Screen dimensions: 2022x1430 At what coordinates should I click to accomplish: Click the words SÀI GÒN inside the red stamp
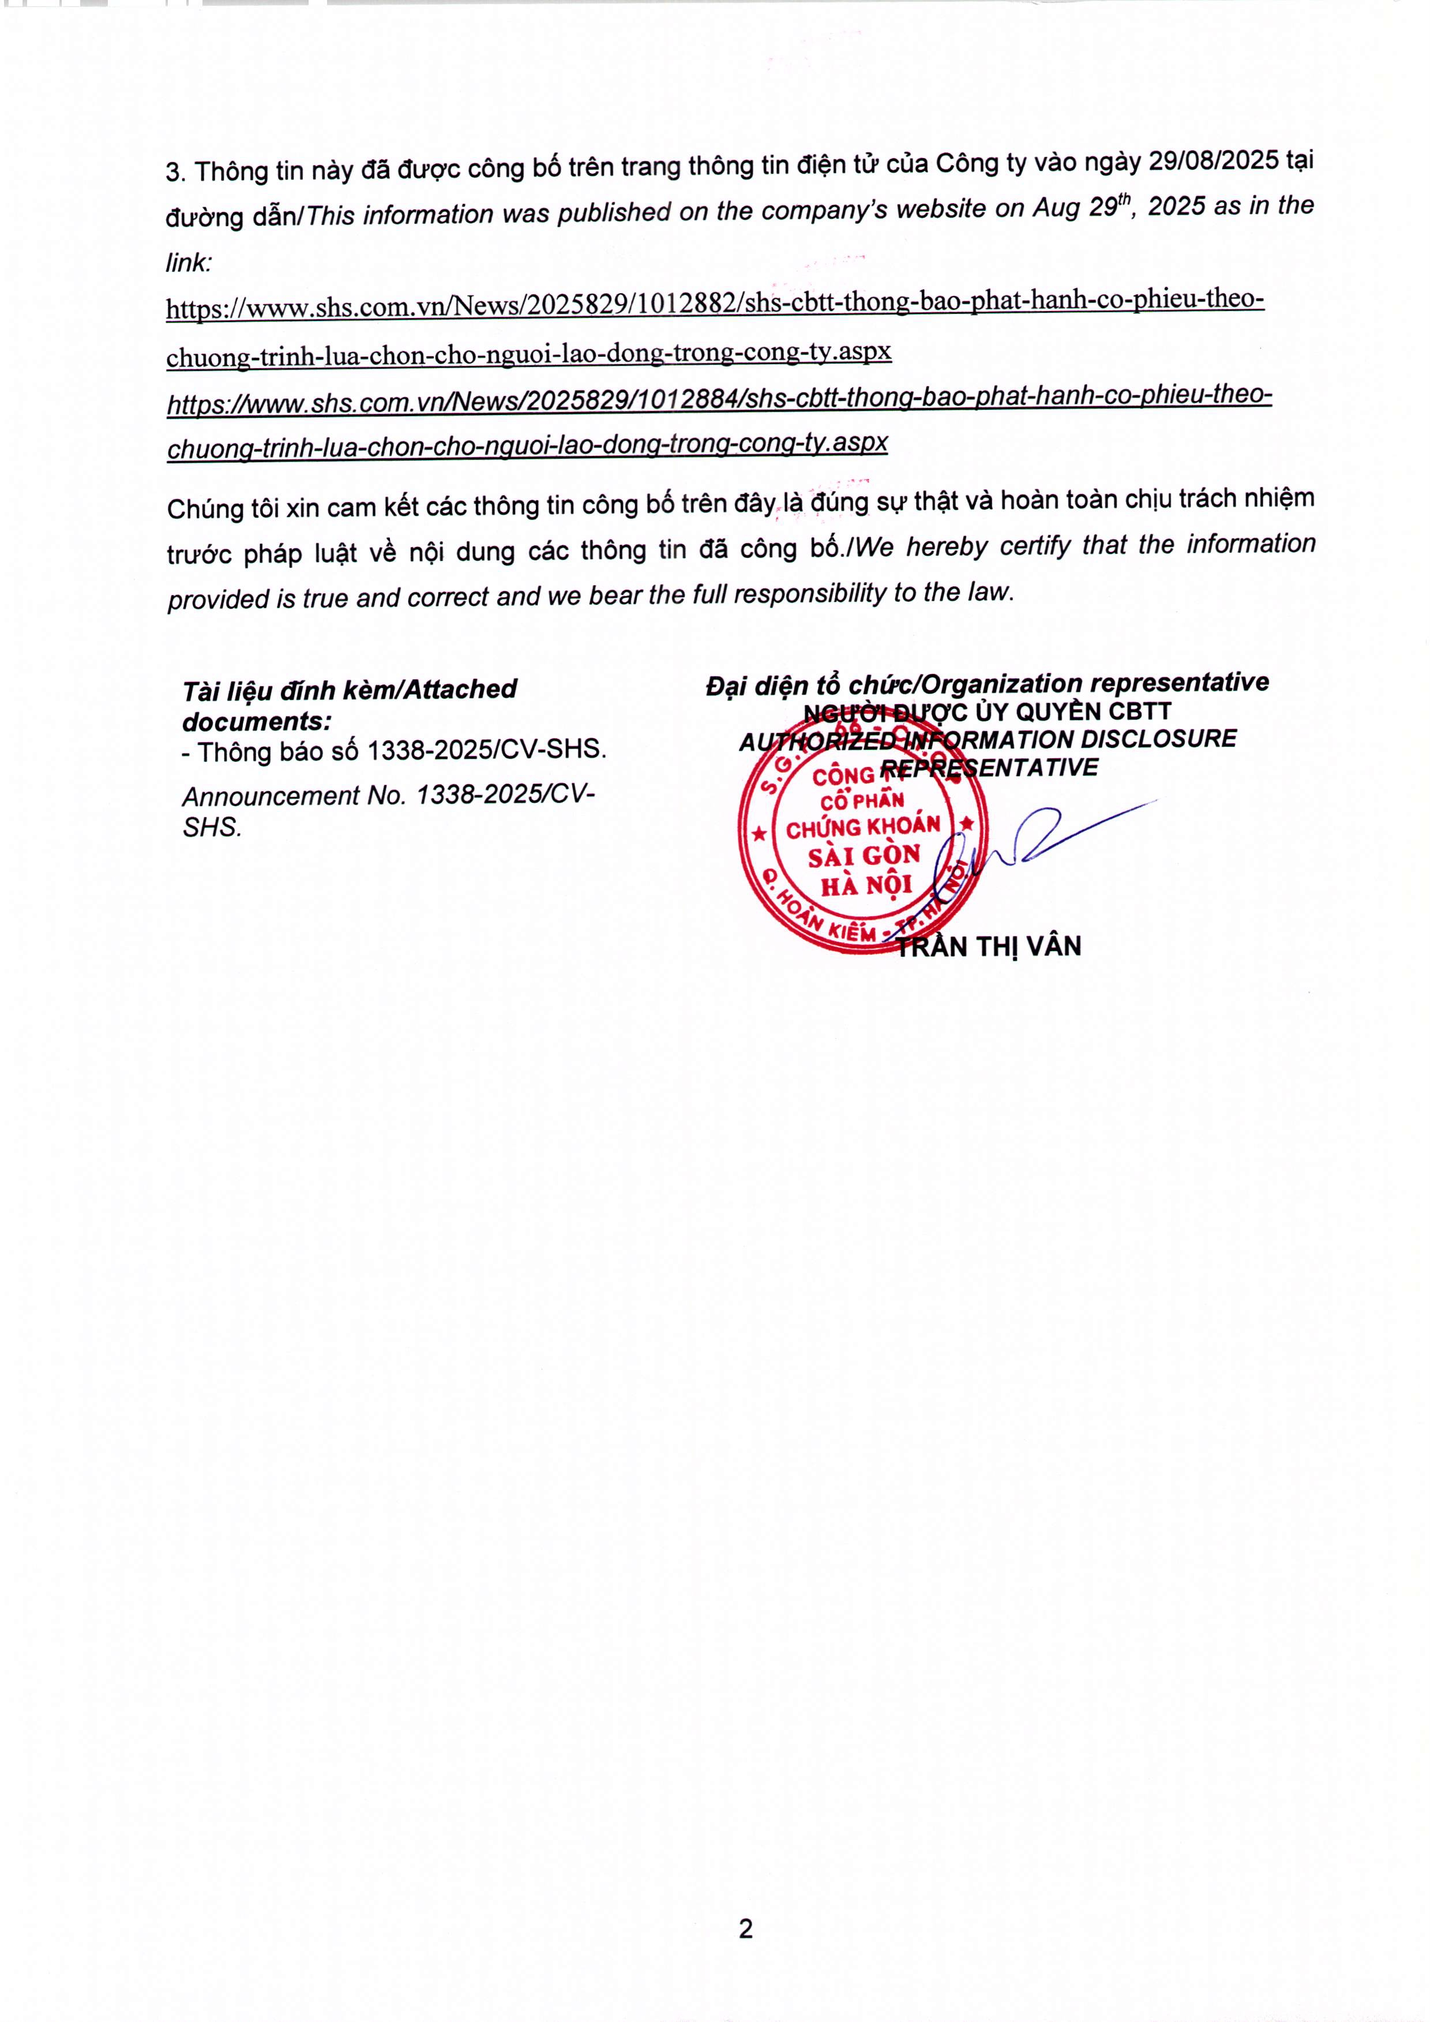[x=864, y=856]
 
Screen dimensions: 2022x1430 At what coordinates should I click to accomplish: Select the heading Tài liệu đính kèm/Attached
[x=350, y=690]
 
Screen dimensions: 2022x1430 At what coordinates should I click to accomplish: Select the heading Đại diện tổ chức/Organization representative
[x=986, y=683]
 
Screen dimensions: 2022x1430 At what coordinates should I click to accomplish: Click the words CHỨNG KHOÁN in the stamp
[x=863, y=827]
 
